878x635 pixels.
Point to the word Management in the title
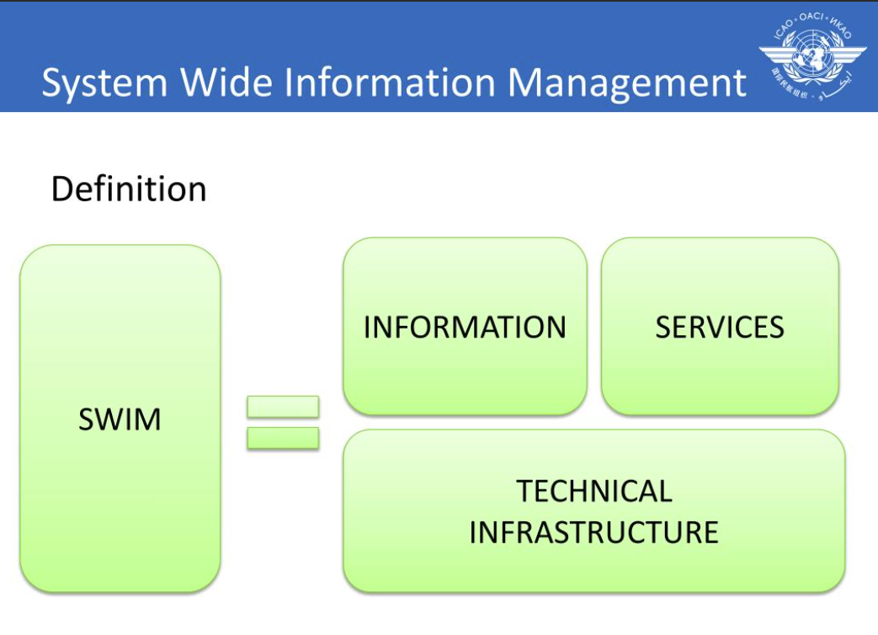click(x=626, y=83)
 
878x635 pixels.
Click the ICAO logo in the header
click(x=812, y=54)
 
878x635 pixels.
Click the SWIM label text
click(x=120, y=419)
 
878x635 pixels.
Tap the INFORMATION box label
click(x=465, y=327)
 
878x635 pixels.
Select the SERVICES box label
click(x=720, y=327)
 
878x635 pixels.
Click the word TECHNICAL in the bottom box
click(x=593, y=491)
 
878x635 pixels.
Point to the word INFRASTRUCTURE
click(x=593, y=532)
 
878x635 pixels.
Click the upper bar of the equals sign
click(x=283, y=407)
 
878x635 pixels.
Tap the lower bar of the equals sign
click(x=283, y=438)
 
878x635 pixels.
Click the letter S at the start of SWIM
click(x=86, y=419)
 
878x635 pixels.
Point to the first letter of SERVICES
click(x=663, y=327)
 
